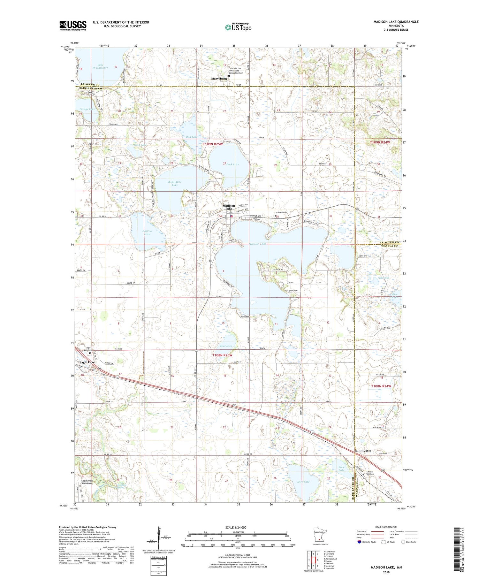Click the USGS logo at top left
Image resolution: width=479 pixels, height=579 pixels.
[73, 26]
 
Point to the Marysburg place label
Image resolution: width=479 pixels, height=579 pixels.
[219, 78]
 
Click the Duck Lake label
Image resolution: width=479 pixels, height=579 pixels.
[233, 164]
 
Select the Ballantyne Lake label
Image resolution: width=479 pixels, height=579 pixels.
[175, 183]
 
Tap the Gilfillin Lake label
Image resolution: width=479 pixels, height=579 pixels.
[147, 232]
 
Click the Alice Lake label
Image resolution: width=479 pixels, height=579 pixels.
[303, 482]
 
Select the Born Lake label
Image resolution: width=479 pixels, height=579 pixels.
[342, 469]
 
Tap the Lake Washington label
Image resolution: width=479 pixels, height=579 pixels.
[101, 66]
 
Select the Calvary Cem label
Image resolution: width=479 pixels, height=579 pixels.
[282, 213]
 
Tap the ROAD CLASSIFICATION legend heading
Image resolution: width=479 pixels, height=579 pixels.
[386, 527]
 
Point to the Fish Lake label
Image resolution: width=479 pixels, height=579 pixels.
[383, 278]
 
